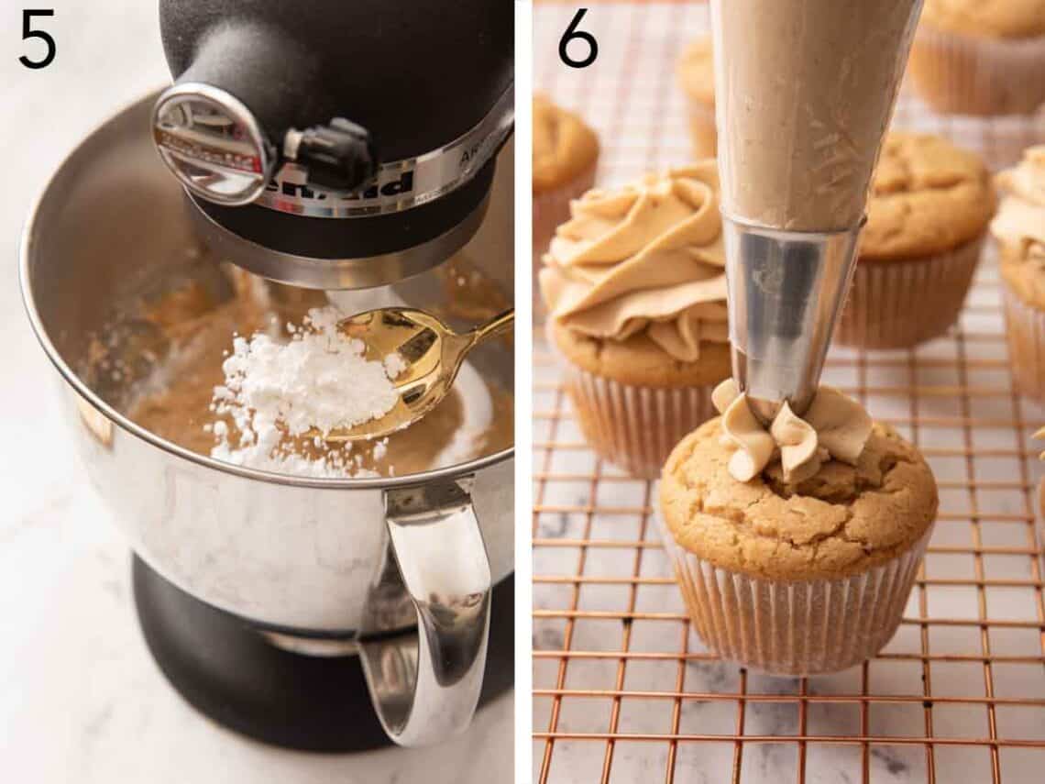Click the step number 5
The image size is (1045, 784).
[x=37, y=38]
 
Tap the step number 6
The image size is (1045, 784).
[x=577, y=38]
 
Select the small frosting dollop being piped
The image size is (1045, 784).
[x=793, y=431]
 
